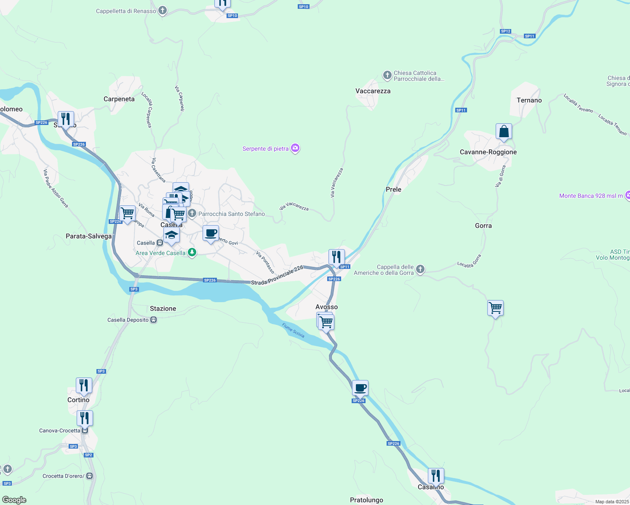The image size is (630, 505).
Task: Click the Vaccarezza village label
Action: click(x=373, y=91)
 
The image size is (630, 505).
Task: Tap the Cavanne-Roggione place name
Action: click(x=488, y=152)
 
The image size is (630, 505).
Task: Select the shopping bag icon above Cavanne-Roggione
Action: click(x=504, y=132)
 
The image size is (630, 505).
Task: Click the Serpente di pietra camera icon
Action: click(x=295, y=148)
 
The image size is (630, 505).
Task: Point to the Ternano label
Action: click(x=529, y=100)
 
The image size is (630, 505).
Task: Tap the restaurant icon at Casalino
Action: click(x=436, y=476)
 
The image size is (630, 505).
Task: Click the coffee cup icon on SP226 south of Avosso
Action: click(x=360, y=388)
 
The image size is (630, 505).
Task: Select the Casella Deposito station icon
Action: click(x=154, y=320)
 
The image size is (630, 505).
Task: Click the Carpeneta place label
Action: click(x=119, y=99)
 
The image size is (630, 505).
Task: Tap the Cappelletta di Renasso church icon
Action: click(x=163, y=11)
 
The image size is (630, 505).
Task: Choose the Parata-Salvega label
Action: click(x=89, y=236)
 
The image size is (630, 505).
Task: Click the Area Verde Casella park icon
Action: click(x=192, y=252)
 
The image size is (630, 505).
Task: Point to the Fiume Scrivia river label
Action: click(x=293, y=330)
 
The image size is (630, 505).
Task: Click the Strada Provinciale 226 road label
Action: click(x=277, y=275)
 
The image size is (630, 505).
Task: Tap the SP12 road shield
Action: click(x=505, y=31)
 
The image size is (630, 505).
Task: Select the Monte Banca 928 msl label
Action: click(x=591, y=196)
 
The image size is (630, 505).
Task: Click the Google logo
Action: click(x=14, y=500)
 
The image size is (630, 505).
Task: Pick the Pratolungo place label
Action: click(x=366, y=500)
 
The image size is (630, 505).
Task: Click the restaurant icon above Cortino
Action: click(x=84, y=385)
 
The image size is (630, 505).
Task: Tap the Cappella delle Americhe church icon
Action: click(x=420, y=269)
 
